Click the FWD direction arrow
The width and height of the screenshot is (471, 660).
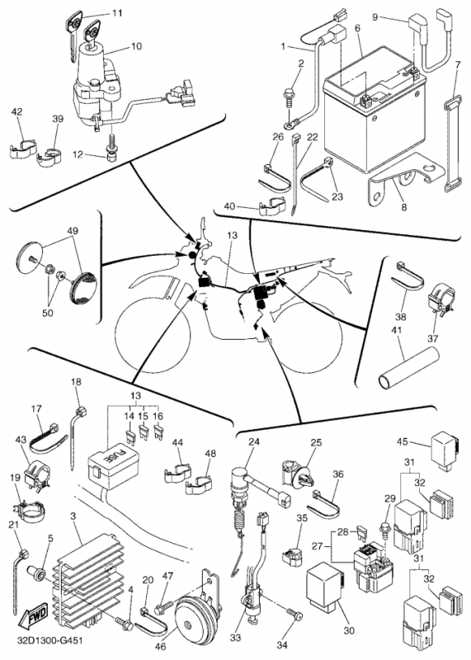tap(35, 615)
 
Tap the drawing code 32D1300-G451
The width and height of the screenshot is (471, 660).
tap(49, 641)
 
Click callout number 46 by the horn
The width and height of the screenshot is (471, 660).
tap(160, 646)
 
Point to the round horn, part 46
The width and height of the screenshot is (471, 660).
tap(193, 618)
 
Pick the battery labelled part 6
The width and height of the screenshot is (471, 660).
tap(374, 110)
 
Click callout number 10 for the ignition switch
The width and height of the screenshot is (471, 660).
tap(136, 46)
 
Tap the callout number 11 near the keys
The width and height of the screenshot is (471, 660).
tap(117, 13)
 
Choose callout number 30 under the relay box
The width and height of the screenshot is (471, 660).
tap(349, 630)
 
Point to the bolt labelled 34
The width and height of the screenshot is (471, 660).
tap(294, 615)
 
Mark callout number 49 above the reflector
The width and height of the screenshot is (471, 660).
tap(73, 231)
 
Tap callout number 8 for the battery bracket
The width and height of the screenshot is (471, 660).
tap(404, 207)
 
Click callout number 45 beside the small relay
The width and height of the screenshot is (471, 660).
tap(403, 441)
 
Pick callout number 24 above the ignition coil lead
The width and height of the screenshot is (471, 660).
tap(254, 442)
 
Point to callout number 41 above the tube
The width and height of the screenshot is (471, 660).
tap(397, 331)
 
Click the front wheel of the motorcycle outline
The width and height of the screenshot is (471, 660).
tap(152, 332)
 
